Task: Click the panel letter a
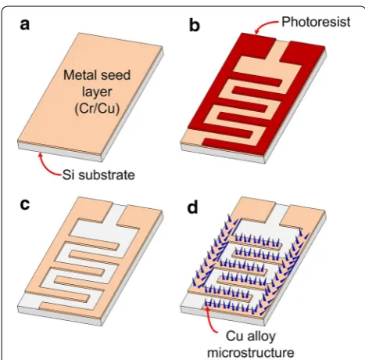tap(25, 25)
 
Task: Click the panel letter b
tap(195, 26)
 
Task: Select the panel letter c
tap(25, 204)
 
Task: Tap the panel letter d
tap(192, 207)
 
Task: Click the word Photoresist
tap(316, 22)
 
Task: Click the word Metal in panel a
tap(79, 75)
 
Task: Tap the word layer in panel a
tap(97, 92)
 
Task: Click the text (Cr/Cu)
tap(97, 109)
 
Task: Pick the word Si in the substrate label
tap(67, 175)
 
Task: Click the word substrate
tap(106, 175)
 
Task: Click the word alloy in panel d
tap(262, 337)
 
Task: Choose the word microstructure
tap(251, 353)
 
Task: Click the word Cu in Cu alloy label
tap(235, 337)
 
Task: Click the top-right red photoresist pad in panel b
tap(302, 52)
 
